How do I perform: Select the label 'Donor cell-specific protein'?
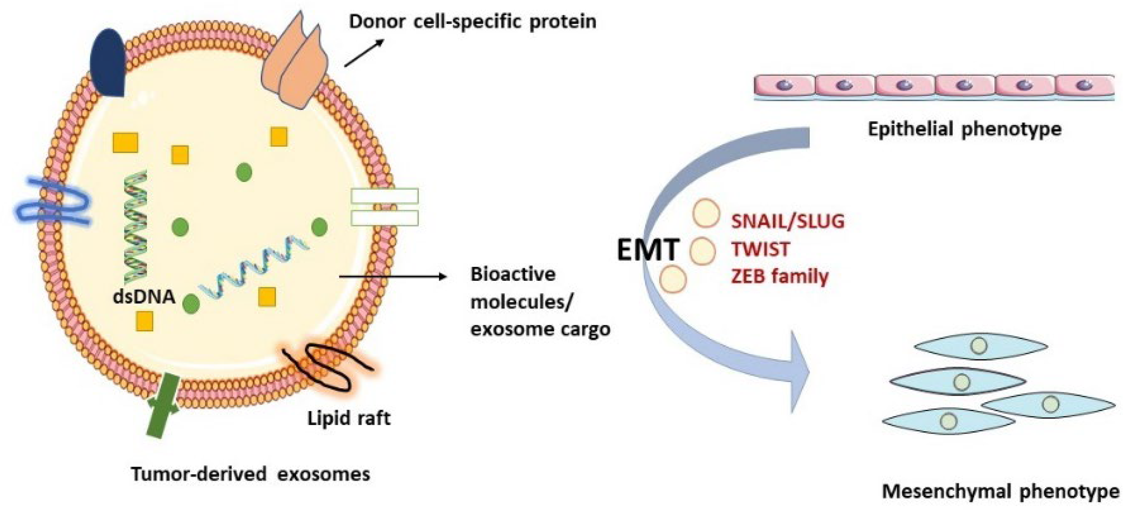coord(472,21)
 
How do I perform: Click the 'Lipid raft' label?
coord(349,418)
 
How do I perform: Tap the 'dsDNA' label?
coord(144,297)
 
